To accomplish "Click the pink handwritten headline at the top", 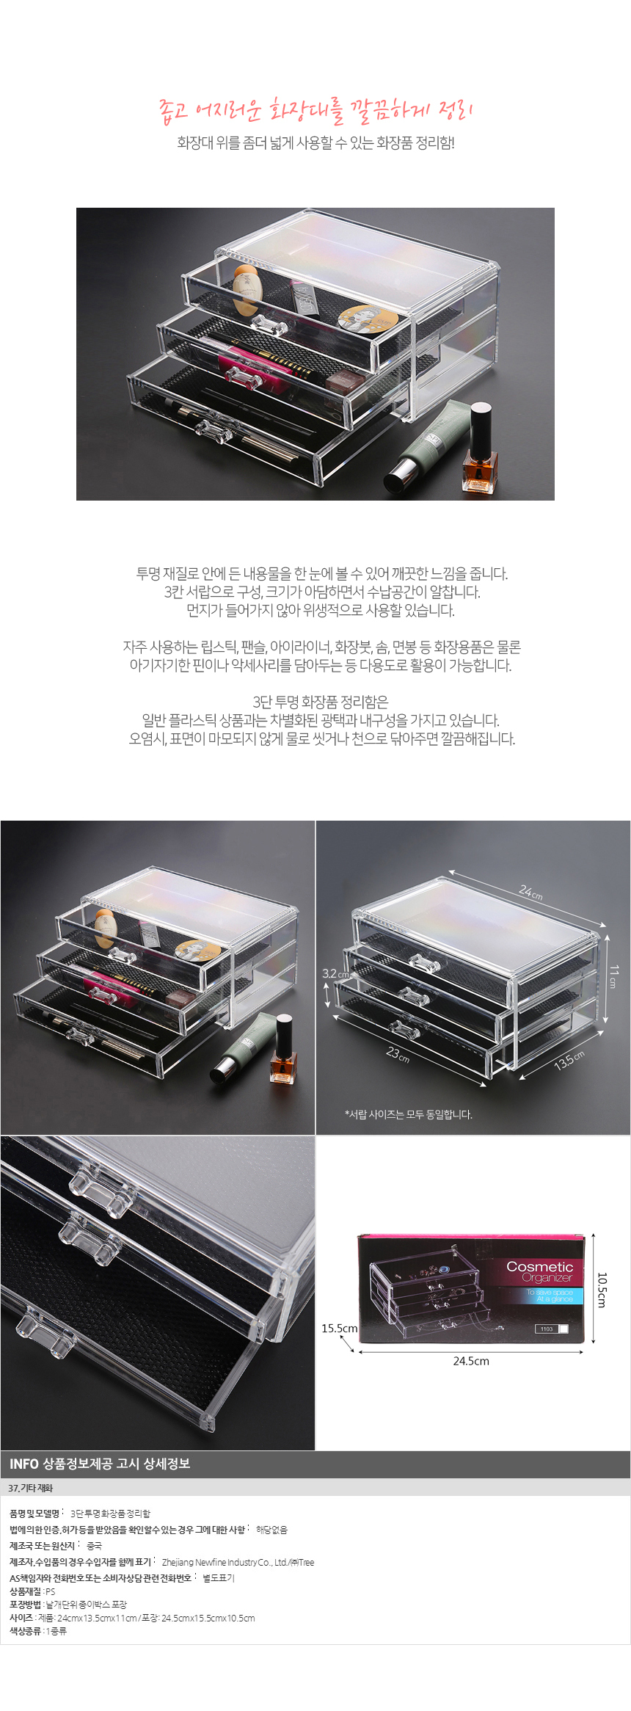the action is pyautogui.click(x=315, y=110).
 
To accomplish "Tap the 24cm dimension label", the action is pyautogui.click(x=530, y=892).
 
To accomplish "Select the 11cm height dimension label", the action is pyautogui.click(x=614, y=977).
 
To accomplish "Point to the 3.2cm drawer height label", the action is pyautogui.click(x=335, y=974).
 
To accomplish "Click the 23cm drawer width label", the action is pyautogui.click(x=398, y=1055).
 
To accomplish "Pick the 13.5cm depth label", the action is pyautogui.click(x=569, y=1060).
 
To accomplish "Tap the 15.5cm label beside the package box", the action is pyautogui.click(x=339, y=1328).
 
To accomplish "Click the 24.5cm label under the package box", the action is pyautogui.click(x=471, y=1360).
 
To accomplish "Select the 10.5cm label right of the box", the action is pyautogui.click(x=602, y=1290).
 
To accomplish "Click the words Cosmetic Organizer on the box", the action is pyautogui.click(x=540, y=1271).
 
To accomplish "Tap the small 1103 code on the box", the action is pyautogui.click(x=547, y=1329).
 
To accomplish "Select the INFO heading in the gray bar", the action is pyautogui.click(x=100, y=1464).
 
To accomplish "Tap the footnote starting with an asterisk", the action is pyautogui.click(x=409, y=1114).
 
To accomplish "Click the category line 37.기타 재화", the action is pyautogui.click(x=31, y=1488).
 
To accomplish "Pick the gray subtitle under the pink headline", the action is pyautogui.click(x=315, y=143).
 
